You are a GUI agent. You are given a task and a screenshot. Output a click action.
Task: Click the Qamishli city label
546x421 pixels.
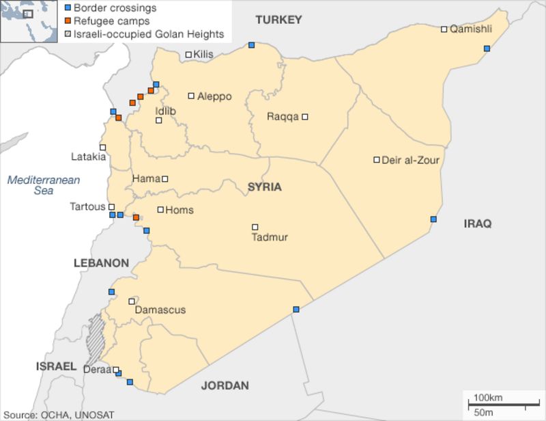(x=471, y=29)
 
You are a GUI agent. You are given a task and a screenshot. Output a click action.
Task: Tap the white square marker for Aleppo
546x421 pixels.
(x=191, y=96)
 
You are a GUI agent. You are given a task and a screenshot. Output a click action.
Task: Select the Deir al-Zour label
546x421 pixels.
(x=410, y=161)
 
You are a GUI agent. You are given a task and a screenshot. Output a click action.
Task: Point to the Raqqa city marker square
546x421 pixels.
(x=305, y=117)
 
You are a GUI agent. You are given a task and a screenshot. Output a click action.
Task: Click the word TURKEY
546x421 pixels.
(x=278, y=20)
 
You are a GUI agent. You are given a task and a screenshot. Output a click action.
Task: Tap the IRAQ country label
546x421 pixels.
(x=478, y=223)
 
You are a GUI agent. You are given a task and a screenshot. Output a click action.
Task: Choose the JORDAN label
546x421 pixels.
(x=225, y=385)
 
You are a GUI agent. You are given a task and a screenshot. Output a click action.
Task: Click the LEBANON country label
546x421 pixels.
(x=102, y=263)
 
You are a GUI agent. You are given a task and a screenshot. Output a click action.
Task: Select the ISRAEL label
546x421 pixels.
(x=56, y=367)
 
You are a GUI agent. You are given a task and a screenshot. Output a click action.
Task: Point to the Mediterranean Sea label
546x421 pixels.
(x=44, y=185)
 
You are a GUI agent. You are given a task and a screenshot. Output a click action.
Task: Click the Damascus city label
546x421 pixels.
(x=160, y=310)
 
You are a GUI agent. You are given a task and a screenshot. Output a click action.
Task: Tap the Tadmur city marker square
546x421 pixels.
(x=255, y=227)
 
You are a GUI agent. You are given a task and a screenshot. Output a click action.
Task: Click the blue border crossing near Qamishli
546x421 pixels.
(x=487, y=49)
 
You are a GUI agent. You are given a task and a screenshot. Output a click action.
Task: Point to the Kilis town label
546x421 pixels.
(x=203, y=55)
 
